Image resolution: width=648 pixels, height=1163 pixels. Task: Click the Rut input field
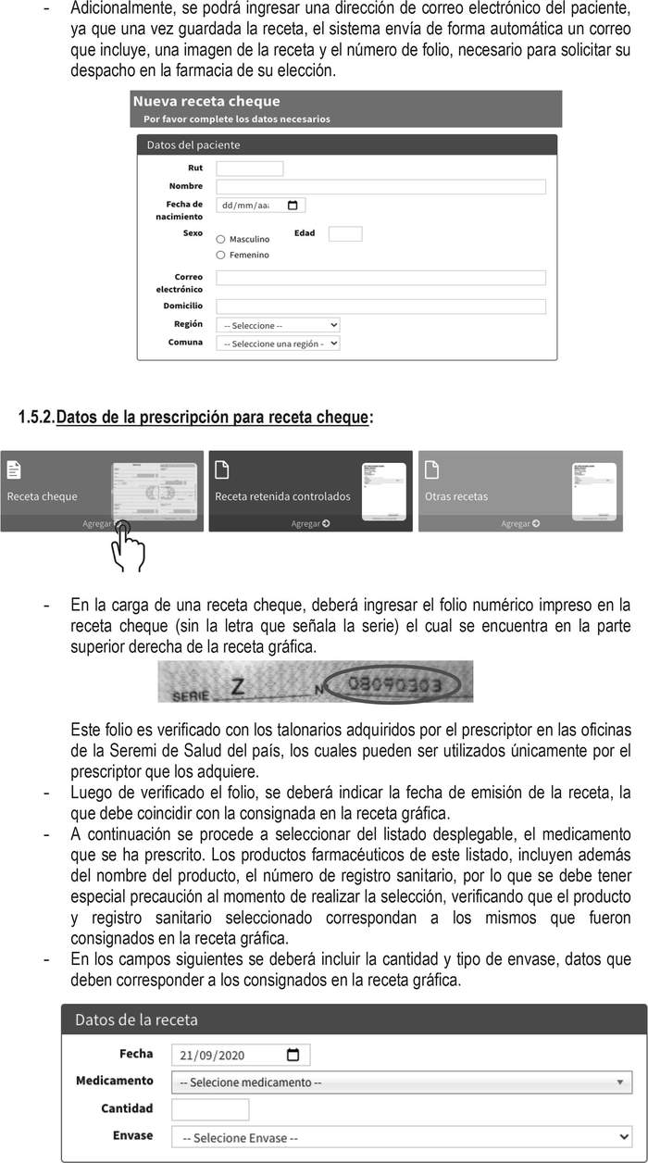(249, 169)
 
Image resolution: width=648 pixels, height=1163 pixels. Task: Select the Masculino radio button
(220, 239)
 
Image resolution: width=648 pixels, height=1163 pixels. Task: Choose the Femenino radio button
(220, 255)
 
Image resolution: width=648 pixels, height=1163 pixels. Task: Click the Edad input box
(344, 234)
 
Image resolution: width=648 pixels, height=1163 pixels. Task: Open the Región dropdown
(278, 325)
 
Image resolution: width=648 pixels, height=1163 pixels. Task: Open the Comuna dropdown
(278, 344)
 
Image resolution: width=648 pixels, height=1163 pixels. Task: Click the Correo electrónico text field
(380, 278)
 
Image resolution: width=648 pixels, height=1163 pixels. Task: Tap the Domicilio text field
(380, 306)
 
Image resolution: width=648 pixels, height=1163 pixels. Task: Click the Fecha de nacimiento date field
(260, 206)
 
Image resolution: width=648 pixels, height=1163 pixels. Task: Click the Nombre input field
(380, 187)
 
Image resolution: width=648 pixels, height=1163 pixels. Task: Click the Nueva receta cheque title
(206, 101)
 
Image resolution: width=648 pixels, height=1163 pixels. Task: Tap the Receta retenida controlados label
(282, 496)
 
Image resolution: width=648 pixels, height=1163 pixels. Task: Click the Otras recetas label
(455, 496)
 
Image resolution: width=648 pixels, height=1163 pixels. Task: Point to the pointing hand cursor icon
(126, 546)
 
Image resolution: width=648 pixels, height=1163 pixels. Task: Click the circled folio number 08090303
(401, 685)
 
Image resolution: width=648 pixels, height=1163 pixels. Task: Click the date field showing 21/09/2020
(240, 1055)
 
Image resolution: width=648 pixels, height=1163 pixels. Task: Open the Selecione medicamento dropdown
(401, 1082)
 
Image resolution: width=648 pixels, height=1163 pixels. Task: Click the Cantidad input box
(210, 1109)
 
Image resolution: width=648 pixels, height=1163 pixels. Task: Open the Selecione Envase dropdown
(401, 1136)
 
